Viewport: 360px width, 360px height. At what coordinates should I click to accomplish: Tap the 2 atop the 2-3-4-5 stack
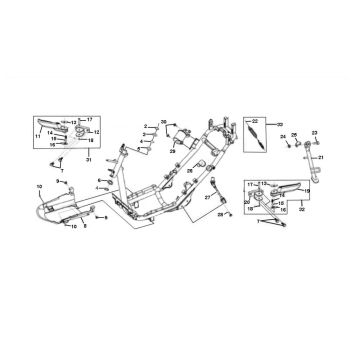pos(144,127)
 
